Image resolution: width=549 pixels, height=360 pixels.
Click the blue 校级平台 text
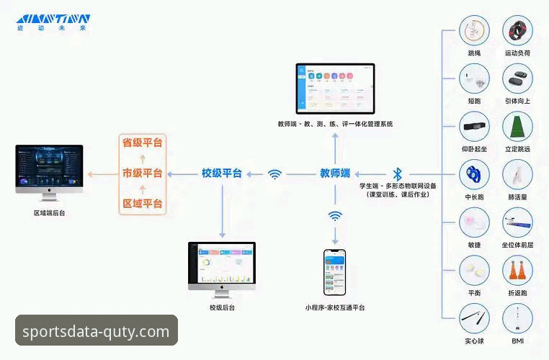pyautogui.click(x=222, y=174)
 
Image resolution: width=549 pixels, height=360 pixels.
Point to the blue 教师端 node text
pyautogui.click(x=335, y=174)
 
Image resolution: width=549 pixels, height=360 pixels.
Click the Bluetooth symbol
pyautogui.click(x=397, y=174)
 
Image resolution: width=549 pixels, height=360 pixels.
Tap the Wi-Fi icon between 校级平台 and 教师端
pyautogui.click(x=274, y=174)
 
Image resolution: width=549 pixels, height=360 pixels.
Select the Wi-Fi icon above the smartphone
pyautogui.click(x=335, y=215)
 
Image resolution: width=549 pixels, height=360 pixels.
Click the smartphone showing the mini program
pyautogui.click(x=334, y=272)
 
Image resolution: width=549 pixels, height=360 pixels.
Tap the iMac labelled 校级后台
pyautogui.click(x=222, y=267)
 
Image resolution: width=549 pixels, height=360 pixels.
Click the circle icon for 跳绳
pyautogui.click(x=474, y=32)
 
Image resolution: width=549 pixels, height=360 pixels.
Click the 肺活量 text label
pyautogui.click(x=517, y=197)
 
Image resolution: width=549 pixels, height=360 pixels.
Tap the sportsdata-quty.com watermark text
pyautogui.click(x=96, y=331)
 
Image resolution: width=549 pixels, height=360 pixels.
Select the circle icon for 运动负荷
pyautogui.click(x=517, y=32)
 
